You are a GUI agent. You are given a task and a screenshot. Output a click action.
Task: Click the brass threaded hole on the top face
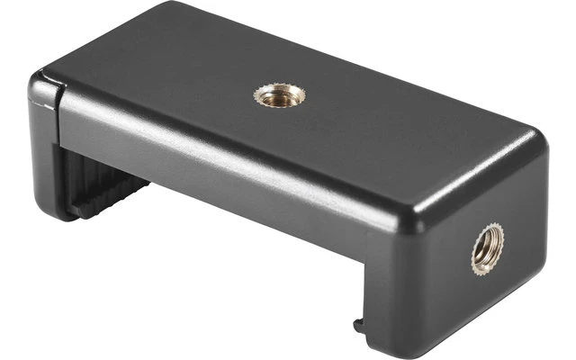coord(280,94)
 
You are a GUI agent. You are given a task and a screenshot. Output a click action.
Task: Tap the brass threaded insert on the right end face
coord(487,248)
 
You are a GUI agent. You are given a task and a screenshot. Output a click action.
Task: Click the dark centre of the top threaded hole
coord(280,94)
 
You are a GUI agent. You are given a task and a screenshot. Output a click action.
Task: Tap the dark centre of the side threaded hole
coord(487,249)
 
